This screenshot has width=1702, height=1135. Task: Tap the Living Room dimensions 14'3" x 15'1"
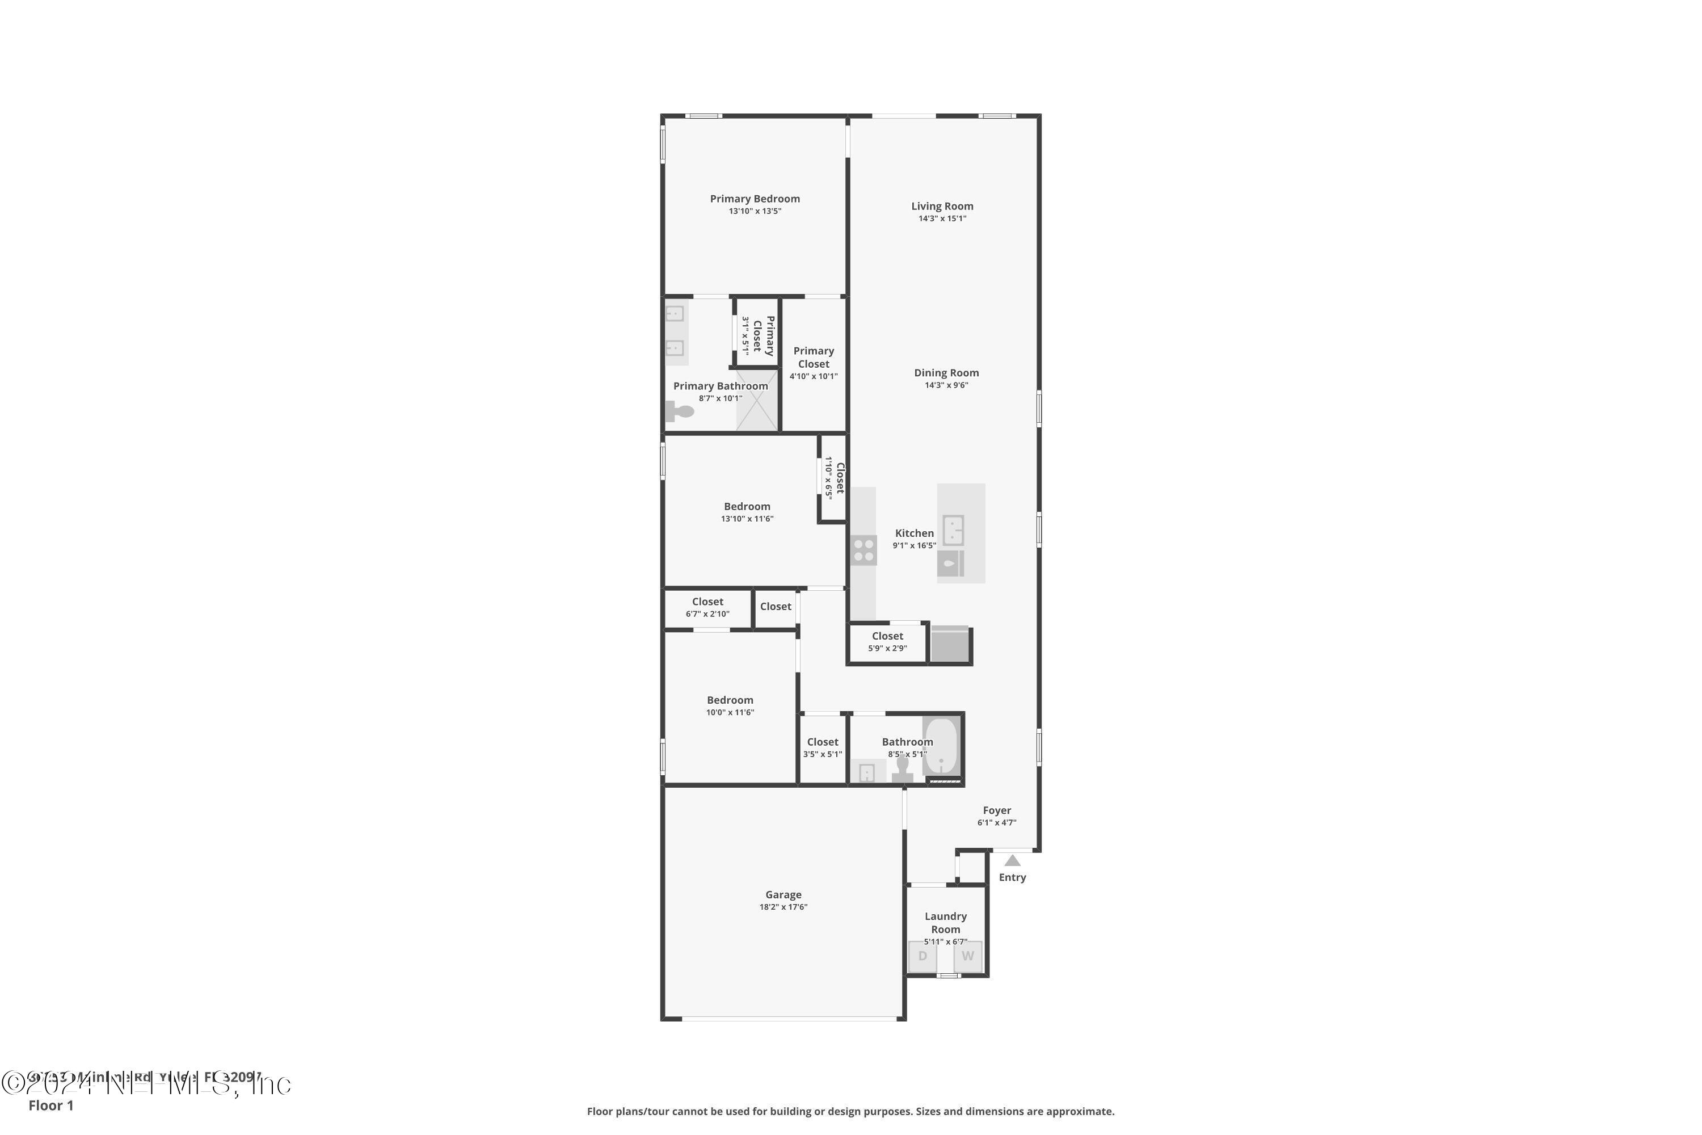[942, 218]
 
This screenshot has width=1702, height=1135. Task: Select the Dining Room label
[946, 373]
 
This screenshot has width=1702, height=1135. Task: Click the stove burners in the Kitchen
[863, 550]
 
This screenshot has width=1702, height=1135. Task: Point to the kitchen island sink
[953, 530]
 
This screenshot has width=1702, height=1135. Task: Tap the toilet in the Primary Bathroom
[680, 412]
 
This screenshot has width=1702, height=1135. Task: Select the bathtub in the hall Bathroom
[941, 746]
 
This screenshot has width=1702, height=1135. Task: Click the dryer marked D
[922, 956]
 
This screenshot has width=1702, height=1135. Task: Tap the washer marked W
[967, 956]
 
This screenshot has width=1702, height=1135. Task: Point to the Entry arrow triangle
[1012, 861]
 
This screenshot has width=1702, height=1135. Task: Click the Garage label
[783, 895]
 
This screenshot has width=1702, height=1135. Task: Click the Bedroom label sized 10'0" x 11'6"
[730, 700]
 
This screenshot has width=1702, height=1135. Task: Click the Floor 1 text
[50, 1105]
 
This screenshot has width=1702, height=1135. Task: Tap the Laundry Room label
[945, 923]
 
